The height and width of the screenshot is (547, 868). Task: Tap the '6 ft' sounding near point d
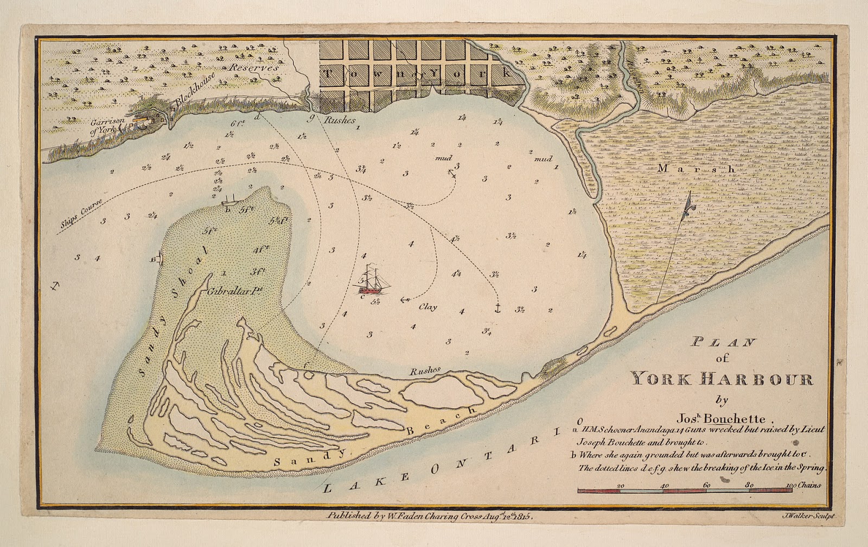pos(237,123)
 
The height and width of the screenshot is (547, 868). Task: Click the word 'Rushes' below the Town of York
pos(339,121)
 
